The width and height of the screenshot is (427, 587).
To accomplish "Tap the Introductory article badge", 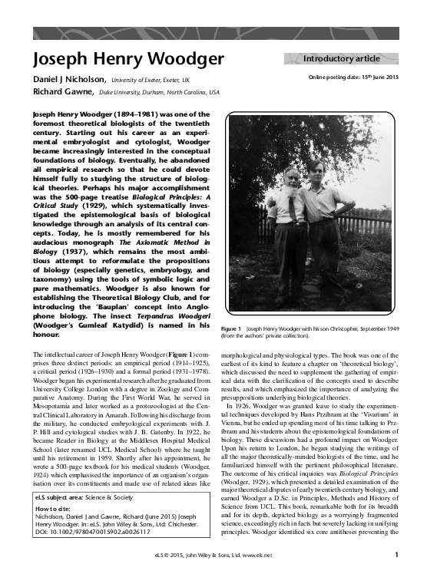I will pyautogui.click(x=342, y=58).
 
